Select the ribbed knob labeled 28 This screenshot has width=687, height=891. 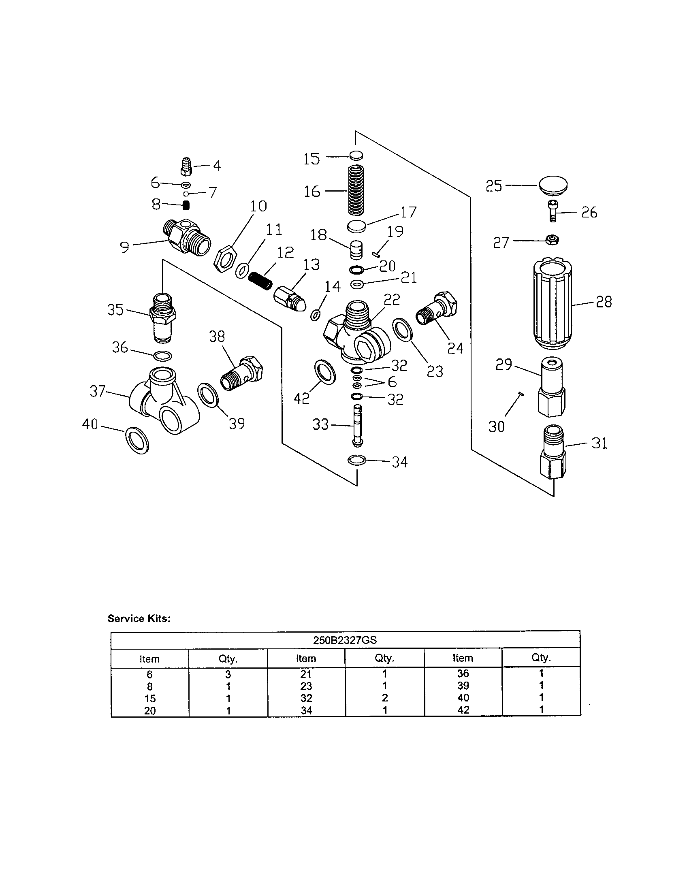pyautogui.click(x=553, y=304)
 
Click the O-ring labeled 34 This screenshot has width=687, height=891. pyautogui.click(x=357, y=460)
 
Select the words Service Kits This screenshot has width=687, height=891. pyautogui.click(x=139, y=618)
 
